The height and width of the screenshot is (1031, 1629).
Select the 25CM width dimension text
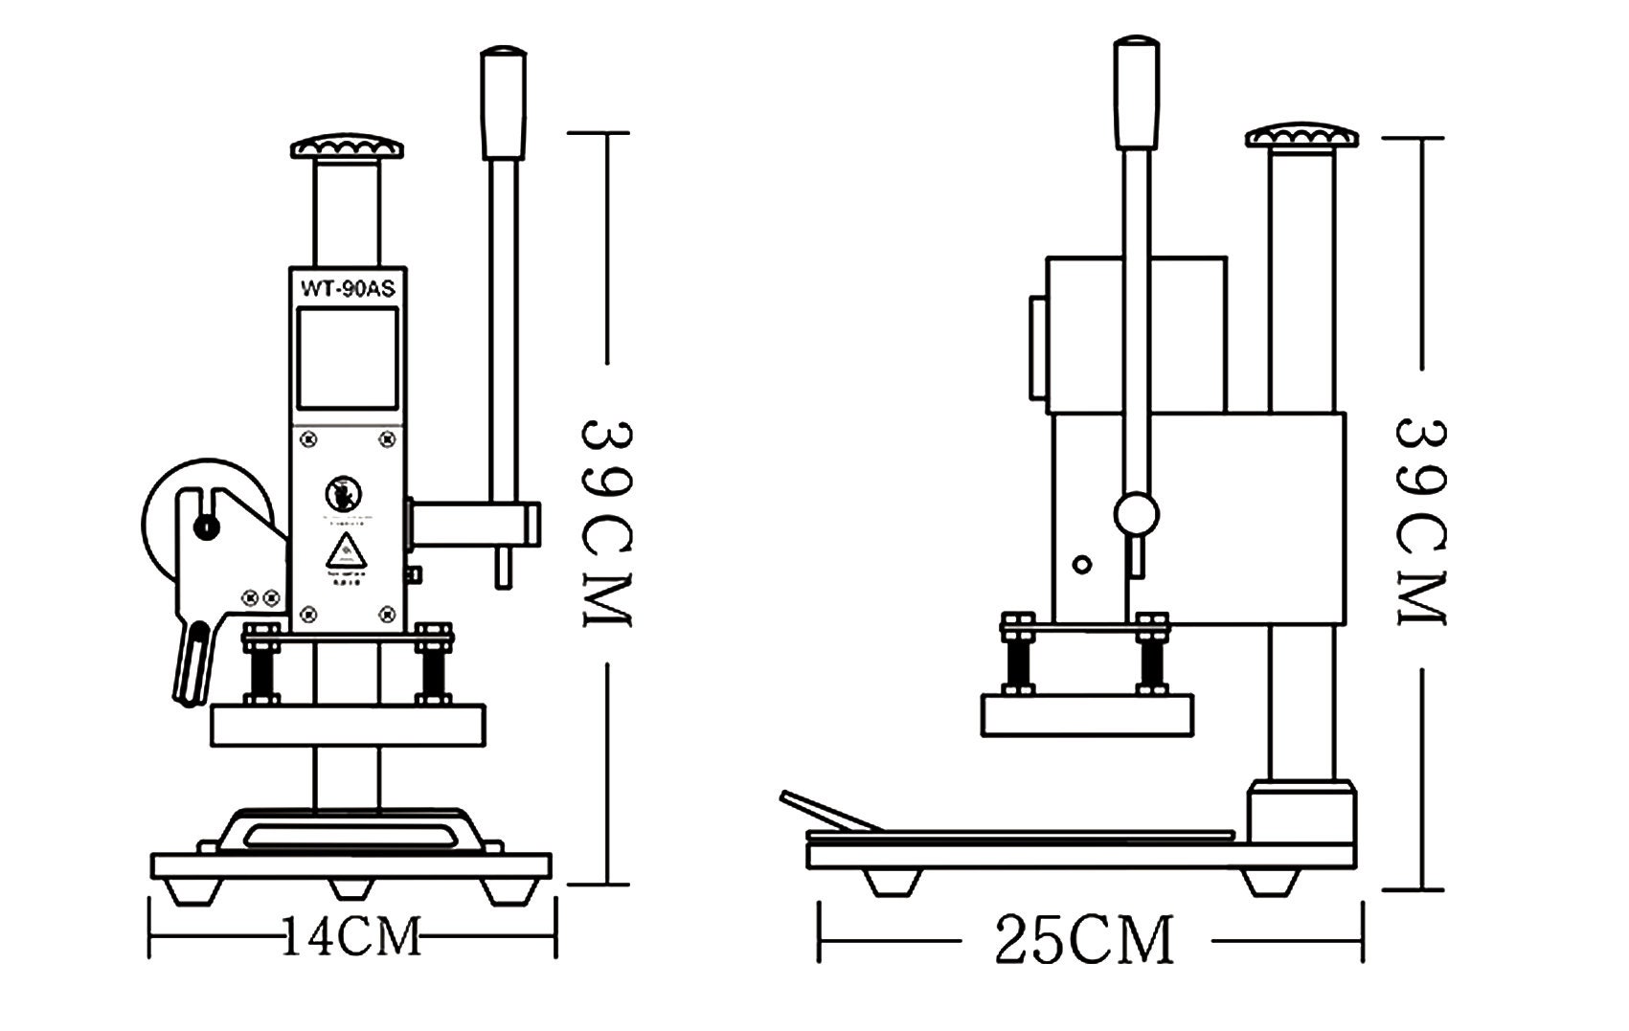tap(1083, 941)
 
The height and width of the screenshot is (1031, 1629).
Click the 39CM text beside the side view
tap(1421, 522)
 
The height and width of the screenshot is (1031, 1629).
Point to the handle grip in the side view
tap(1136, 92)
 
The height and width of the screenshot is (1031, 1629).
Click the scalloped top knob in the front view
tap(347, 147)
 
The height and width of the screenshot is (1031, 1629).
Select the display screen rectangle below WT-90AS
tap(347, 358)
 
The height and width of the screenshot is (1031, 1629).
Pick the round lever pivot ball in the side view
tap(1137, 514)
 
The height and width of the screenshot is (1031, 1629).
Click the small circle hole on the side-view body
tap(1082, 564)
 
